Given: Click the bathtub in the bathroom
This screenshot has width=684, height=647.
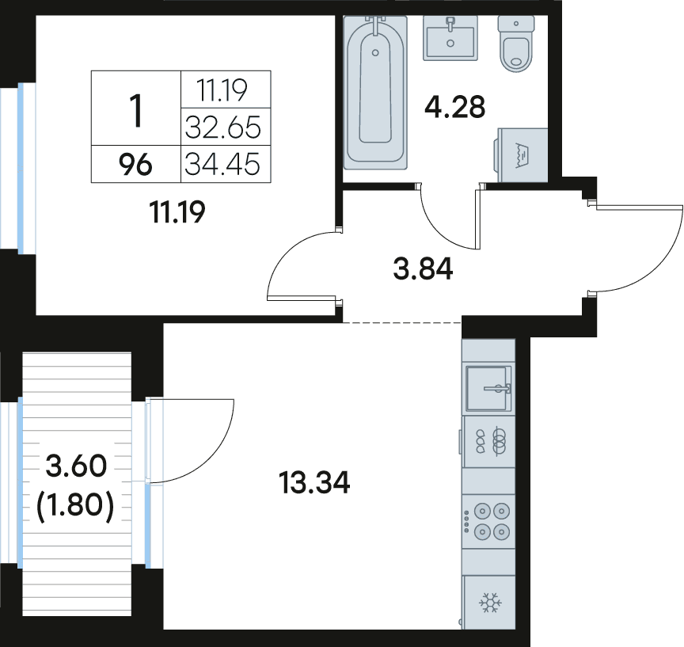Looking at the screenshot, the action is pos(375,93).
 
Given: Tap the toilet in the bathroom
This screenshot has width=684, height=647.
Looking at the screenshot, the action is pos(516,44).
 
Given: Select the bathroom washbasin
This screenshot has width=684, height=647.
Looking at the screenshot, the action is pos(450,37).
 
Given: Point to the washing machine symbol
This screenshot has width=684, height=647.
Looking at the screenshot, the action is pos(522,155).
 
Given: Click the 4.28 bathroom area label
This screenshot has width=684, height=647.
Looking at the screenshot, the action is pos(455,108).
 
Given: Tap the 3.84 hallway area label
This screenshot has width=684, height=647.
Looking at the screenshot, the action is pos(423,268).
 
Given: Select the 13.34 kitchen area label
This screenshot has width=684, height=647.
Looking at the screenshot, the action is pos(314,483).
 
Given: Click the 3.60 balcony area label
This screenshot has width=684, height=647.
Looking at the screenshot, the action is pos(76,466).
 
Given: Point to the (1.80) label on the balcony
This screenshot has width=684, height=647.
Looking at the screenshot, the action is pos(76,506).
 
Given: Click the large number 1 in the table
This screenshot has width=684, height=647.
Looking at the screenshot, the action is pos(136,112).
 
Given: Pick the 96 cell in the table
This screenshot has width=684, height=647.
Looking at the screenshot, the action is pos(135,166).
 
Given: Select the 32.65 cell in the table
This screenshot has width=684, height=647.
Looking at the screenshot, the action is pos(223,127).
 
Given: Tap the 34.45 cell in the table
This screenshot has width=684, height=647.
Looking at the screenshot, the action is pos(222,165).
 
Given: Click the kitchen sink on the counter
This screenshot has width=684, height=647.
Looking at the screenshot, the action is pos(488,388).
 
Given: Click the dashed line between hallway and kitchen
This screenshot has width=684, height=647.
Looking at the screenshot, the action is pos(402,322).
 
